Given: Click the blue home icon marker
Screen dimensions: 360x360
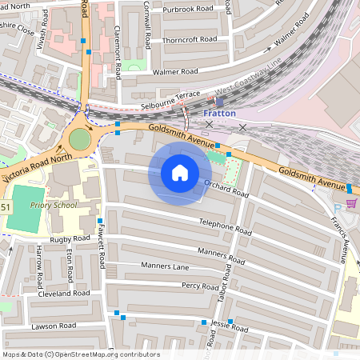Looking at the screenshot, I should [x=180, y=173].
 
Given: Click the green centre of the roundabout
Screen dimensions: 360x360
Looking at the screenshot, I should [x=80, y=139].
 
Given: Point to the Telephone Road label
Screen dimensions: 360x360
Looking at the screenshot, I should [x=226, y=226].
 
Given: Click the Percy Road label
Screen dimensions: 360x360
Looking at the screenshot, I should [x=200, y=286].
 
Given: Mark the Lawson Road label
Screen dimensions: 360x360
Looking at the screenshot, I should [x=54, y=326].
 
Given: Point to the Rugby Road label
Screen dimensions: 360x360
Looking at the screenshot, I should [x=70, y=238].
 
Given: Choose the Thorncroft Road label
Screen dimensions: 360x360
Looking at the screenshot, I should [x=189, y=38].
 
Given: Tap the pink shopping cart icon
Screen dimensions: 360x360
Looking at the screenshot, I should [x=351, y=203].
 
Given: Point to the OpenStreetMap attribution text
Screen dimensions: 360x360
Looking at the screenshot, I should [x=80, y=354].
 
